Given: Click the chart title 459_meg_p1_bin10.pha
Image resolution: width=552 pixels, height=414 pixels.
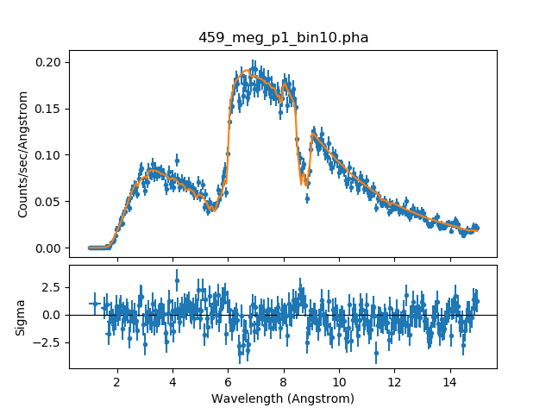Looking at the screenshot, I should (283, 38).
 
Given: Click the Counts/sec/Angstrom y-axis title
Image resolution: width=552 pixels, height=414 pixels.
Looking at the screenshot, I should (24, 154).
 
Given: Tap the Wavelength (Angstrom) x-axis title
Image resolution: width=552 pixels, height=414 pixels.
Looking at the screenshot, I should (283, 399).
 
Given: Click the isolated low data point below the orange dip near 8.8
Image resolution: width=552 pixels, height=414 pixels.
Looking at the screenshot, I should (307, 198).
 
